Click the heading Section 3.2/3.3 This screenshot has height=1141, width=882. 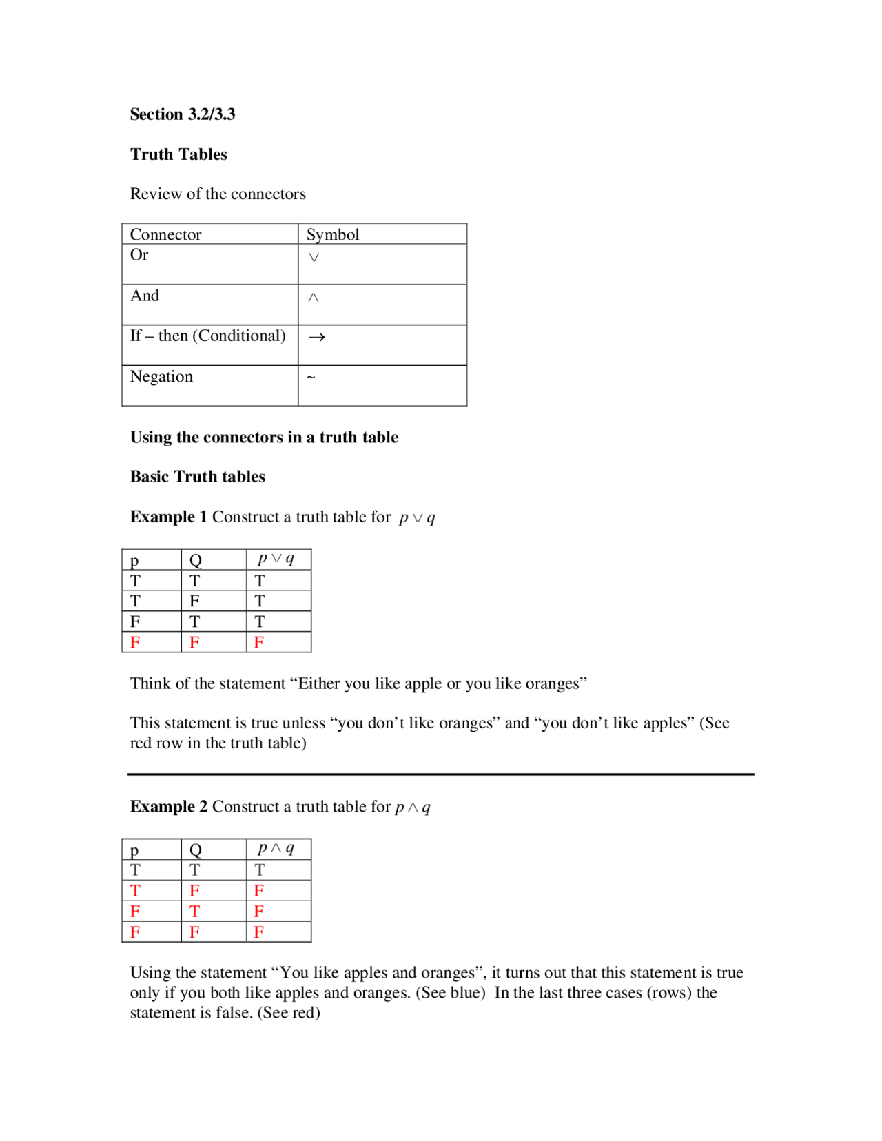[x=183, y=114]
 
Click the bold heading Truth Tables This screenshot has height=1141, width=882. [x=178, y=154]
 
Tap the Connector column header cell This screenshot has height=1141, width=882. [x=165, y=235]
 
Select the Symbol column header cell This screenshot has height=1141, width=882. [x=333, y=235]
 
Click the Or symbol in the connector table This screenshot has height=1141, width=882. [x=314, y=258]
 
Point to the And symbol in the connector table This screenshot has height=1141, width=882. [x=314, y=298]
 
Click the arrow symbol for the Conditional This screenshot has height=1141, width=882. [x=317, y=337]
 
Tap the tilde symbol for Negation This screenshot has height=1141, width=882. [x=311, y=377]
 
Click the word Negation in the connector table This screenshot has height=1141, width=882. [x=161, y=377]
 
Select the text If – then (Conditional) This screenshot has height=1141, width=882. [x=207, y=336]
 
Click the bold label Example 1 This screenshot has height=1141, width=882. [x=168, y=517]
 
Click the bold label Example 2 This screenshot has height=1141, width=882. [x=168, y=807]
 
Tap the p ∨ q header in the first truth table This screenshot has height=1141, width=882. [x=276, y=559]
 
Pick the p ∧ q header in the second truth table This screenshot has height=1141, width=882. [x=276, y=848]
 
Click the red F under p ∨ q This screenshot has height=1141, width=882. [x=259, y=643]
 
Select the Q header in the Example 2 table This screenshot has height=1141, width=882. [x=196, y=850]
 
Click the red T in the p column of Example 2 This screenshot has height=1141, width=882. [x=135, y=891]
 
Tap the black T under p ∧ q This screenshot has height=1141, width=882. [x=260, y=870]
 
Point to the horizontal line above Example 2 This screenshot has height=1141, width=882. [x=441, y=774]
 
